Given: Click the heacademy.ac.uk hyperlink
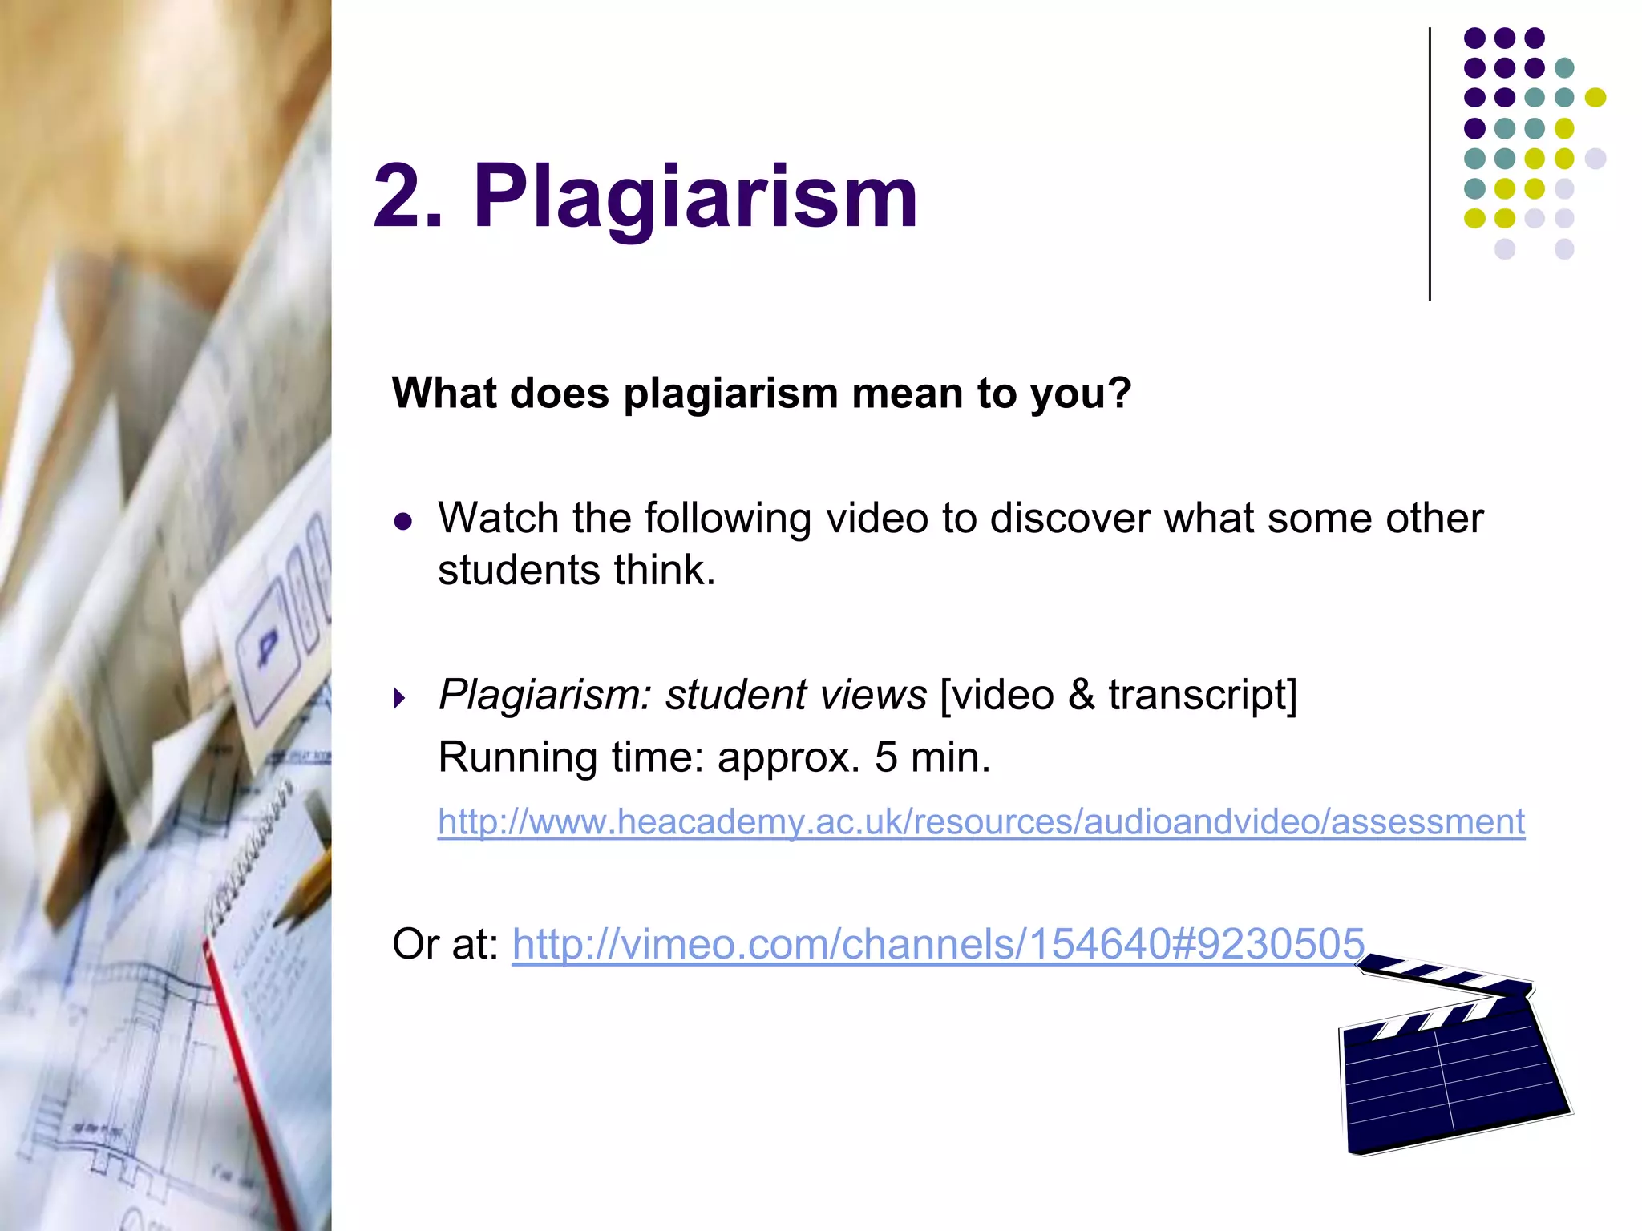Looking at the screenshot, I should pyautogui.click(x=981, y=822).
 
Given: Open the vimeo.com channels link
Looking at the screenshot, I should pyautogui.click(x=937, y=943).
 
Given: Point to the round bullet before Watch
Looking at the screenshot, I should pyautogui.click(x=403, y=523).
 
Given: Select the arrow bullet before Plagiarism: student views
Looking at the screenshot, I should pyautogui.click(x=400, y=699).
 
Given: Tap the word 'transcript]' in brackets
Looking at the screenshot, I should pyautogui.click(x=1203, y=695).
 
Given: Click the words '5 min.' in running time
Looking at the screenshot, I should pyautogui.click(x=932, y=757).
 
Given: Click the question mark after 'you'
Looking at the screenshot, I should pyautogui.click(x=1121, y=394).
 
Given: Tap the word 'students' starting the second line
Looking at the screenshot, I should pyautogui.click(x=519, y=571).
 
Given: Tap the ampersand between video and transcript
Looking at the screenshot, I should pyautogui.click(x=1081, y=695).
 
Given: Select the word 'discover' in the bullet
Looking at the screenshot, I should pyautogui.click(x=1070, y=518).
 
